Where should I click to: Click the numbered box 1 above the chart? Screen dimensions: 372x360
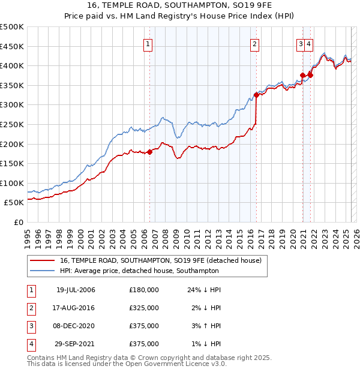click(148, 43)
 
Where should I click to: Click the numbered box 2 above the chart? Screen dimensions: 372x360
click(255, 43)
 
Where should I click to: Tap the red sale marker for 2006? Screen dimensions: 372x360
click(150, 152)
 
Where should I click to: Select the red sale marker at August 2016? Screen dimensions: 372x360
click(256, 95)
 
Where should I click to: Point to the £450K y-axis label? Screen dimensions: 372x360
click(12, 46)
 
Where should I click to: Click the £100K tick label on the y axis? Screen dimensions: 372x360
click(12, 183)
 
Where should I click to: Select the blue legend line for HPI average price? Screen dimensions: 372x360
click(42, 271)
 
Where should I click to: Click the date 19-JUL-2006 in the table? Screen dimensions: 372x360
click(76, 290)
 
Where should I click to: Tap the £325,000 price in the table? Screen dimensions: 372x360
click(144, 308)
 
